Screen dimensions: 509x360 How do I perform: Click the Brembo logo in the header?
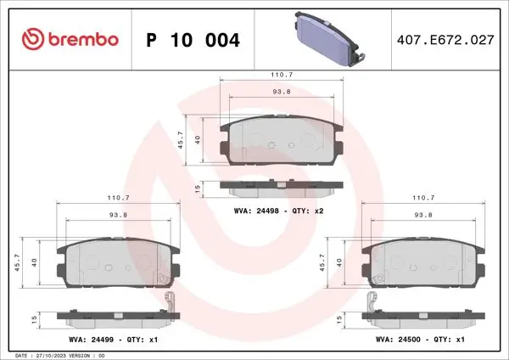(70, 39)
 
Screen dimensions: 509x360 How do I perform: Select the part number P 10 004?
(193, 40)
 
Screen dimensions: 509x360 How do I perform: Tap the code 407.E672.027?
(445, 40)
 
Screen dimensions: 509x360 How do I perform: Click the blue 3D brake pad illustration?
(330, 39)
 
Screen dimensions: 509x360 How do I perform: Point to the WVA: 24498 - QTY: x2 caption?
(279, 211)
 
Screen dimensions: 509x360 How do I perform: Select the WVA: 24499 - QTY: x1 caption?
(114, 340)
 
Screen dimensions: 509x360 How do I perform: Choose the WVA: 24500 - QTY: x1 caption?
(420, 340)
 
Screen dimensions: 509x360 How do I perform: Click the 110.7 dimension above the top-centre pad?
(282, 75)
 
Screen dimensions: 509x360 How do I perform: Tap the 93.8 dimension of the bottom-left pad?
(118, 215)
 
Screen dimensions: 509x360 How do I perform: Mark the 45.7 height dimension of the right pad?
(322, 262)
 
